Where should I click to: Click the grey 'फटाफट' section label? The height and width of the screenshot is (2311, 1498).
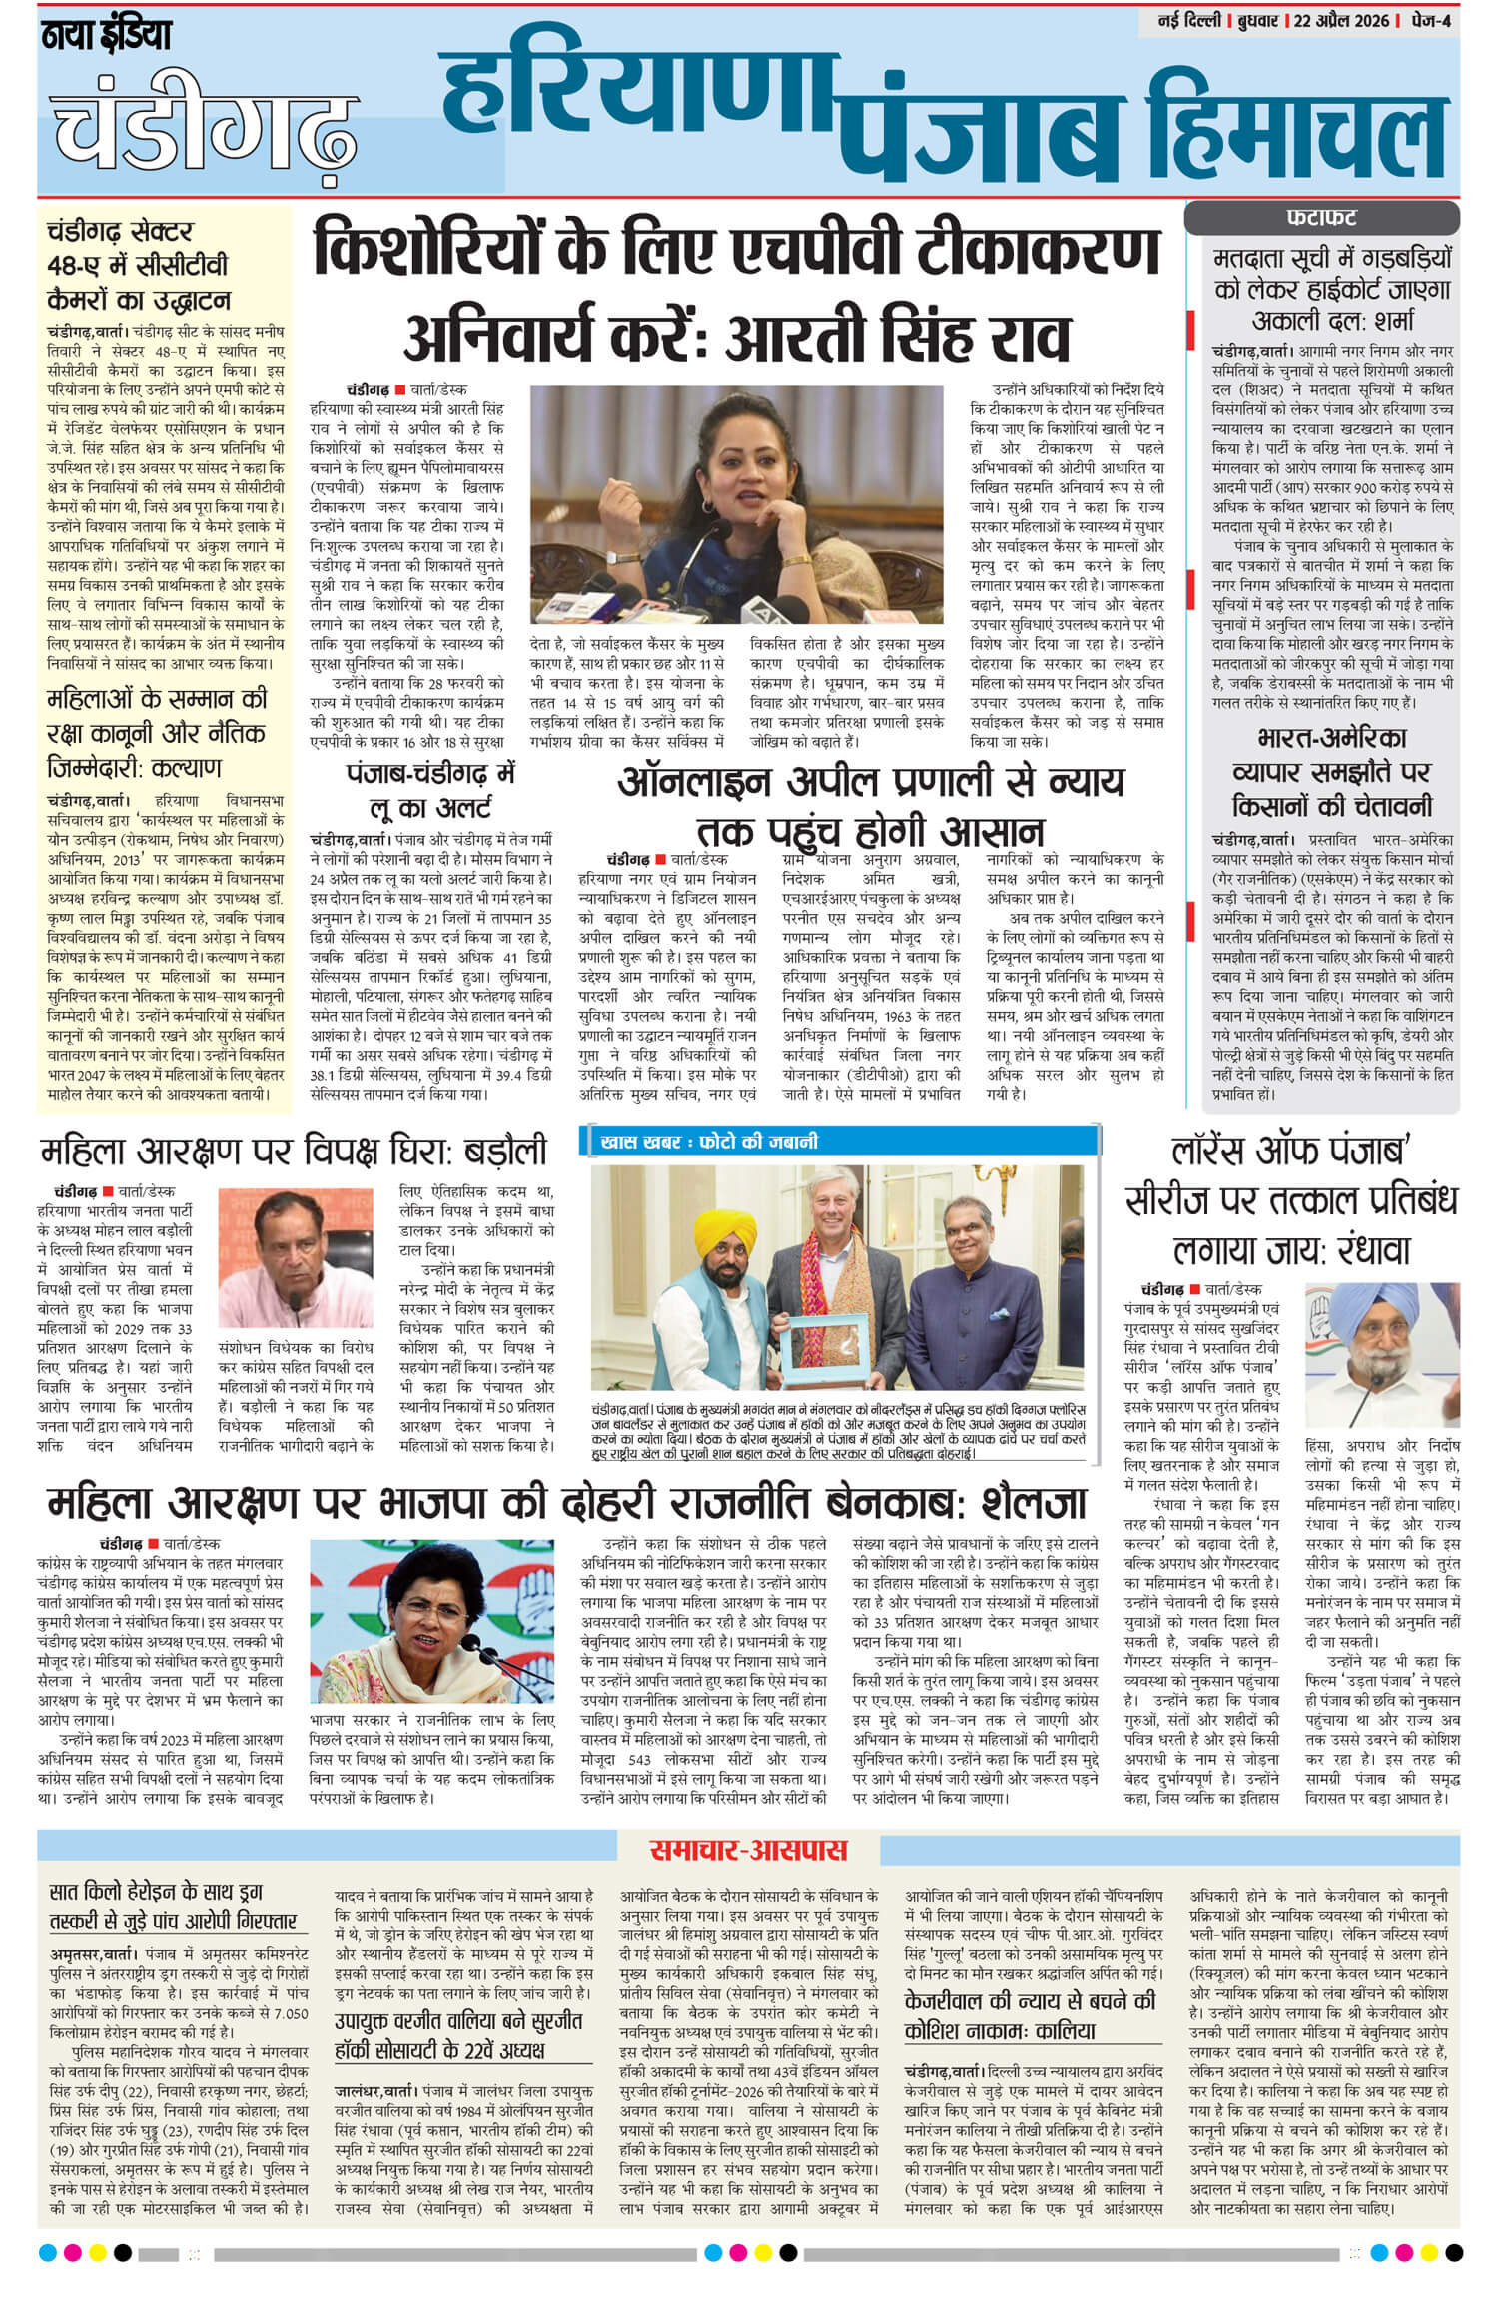tap(1320, 218)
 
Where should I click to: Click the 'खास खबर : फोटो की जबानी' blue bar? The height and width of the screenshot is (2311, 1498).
tap(704, 1141)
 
